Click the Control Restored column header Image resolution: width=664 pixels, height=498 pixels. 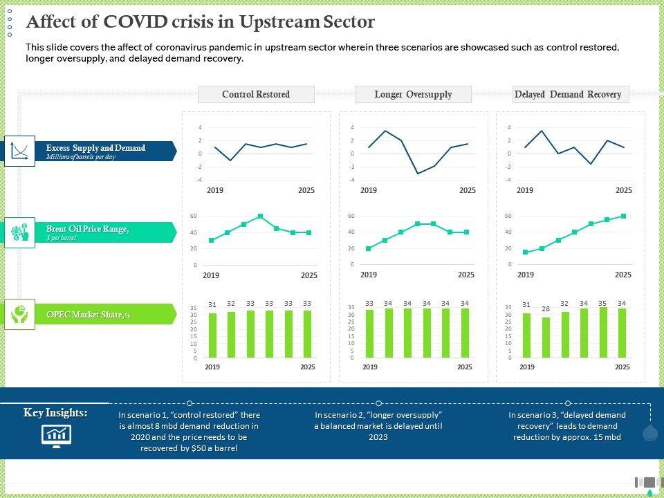click(256, 94)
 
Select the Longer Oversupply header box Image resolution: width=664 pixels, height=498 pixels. click(413, 94)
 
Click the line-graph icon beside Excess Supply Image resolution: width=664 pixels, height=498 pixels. click(19, 151)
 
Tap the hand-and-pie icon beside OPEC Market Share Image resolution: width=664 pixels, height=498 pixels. click(19, 315)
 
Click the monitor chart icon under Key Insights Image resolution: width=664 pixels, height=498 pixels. click(56, 435)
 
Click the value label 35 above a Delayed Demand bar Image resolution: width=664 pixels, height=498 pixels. click(603, 304)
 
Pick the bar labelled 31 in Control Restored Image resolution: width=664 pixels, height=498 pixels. click(212, 335)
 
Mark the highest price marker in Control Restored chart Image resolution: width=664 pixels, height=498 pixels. click(260, 216)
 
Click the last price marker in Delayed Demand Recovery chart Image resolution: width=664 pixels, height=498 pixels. click(623, 216)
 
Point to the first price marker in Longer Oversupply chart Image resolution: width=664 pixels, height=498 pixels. click(369, 248)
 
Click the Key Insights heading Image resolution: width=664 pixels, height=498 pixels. click(55, 413)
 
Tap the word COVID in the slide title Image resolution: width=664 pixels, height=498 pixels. click(134, 22)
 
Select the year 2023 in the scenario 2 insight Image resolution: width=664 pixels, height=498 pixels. click(378, 437)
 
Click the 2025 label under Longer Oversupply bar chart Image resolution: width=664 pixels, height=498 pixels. click(465, 367)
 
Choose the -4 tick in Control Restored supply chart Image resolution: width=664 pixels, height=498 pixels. click(200, 180)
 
